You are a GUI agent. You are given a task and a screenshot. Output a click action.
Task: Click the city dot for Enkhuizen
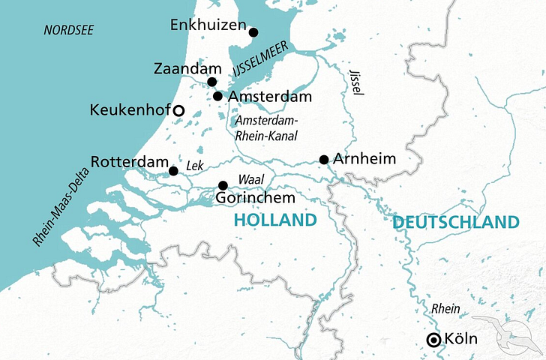pos(253,32)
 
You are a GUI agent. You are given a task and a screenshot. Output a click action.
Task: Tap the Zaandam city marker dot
pos(212,82)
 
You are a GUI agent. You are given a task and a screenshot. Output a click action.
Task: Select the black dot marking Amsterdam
pos(217,96)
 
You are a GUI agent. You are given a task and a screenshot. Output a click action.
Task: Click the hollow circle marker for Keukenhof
pos(178,111)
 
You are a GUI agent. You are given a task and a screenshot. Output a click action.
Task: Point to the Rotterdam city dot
pos(173,171)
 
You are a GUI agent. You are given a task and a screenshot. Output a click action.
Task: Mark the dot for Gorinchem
pos(223,185)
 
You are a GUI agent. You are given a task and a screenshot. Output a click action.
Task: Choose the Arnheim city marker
pos(324,159)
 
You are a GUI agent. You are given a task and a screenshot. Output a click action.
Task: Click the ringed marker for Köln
pos(433,340)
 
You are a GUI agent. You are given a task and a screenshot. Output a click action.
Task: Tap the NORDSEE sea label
pos(68,30)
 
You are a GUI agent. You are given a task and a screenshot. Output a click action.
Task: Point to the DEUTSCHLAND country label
pos(454,222)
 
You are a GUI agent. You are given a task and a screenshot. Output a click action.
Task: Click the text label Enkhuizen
pos(208,25)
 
